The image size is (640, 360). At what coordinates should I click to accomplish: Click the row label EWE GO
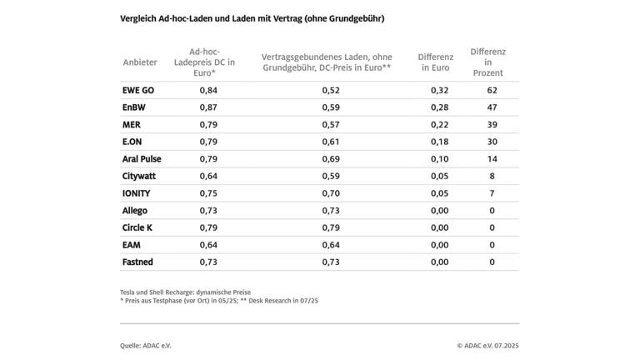(138, 90)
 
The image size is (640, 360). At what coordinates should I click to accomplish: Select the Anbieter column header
(140, 62)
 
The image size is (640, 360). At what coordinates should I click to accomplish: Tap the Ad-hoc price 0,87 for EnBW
(208, 107)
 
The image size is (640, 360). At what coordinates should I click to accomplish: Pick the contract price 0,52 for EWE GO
(331, 90)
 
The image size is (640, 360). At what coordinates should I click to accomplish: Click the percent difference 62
(492, 90)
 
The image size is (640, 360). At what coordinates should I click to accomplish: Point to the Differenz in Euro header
(435, 62)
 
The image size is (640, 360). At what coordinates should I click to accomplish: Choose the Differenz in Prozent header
(488, 62)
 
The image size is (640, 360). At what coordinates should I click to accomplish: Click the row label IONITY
(137, 193)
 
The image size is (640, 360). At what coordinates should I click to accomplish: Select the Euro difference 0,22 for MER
(438, 125)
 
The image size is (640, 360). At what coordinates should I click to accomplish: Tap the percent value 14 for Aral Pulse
(492, 159)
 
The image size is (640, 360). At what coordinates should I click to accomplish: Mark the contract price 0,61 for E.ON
(331, 142)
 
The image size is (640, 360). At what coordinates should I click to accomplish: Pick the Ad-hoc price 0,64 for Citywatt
(208, 177)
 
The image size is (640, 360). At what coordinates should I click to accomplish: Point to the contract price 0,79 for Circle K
(331, 228)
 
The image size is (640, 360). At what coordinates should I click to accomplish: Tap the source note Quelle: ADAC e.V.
(146, 345)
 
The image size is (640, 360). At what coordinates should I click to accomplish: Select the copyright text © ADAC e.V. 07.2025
(487, 345)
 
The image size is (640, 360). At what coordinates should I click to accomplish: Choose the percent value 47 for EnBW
(492, 107)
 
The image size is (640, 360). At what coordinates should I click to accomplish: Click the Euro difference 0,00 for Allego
(438, 211)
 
